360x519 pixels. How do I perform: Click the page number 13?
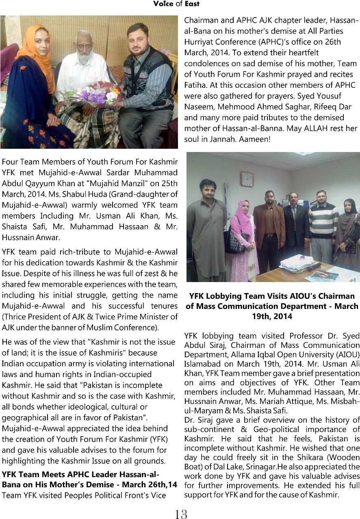coord(180,514)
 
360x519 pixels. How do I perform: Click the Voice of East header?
coord(176,4)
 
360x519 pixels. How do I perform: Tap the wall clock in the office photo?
coord(247,179)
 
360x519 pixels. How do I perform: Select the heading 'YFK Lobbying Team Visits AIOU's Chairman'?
coord(272,296)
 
